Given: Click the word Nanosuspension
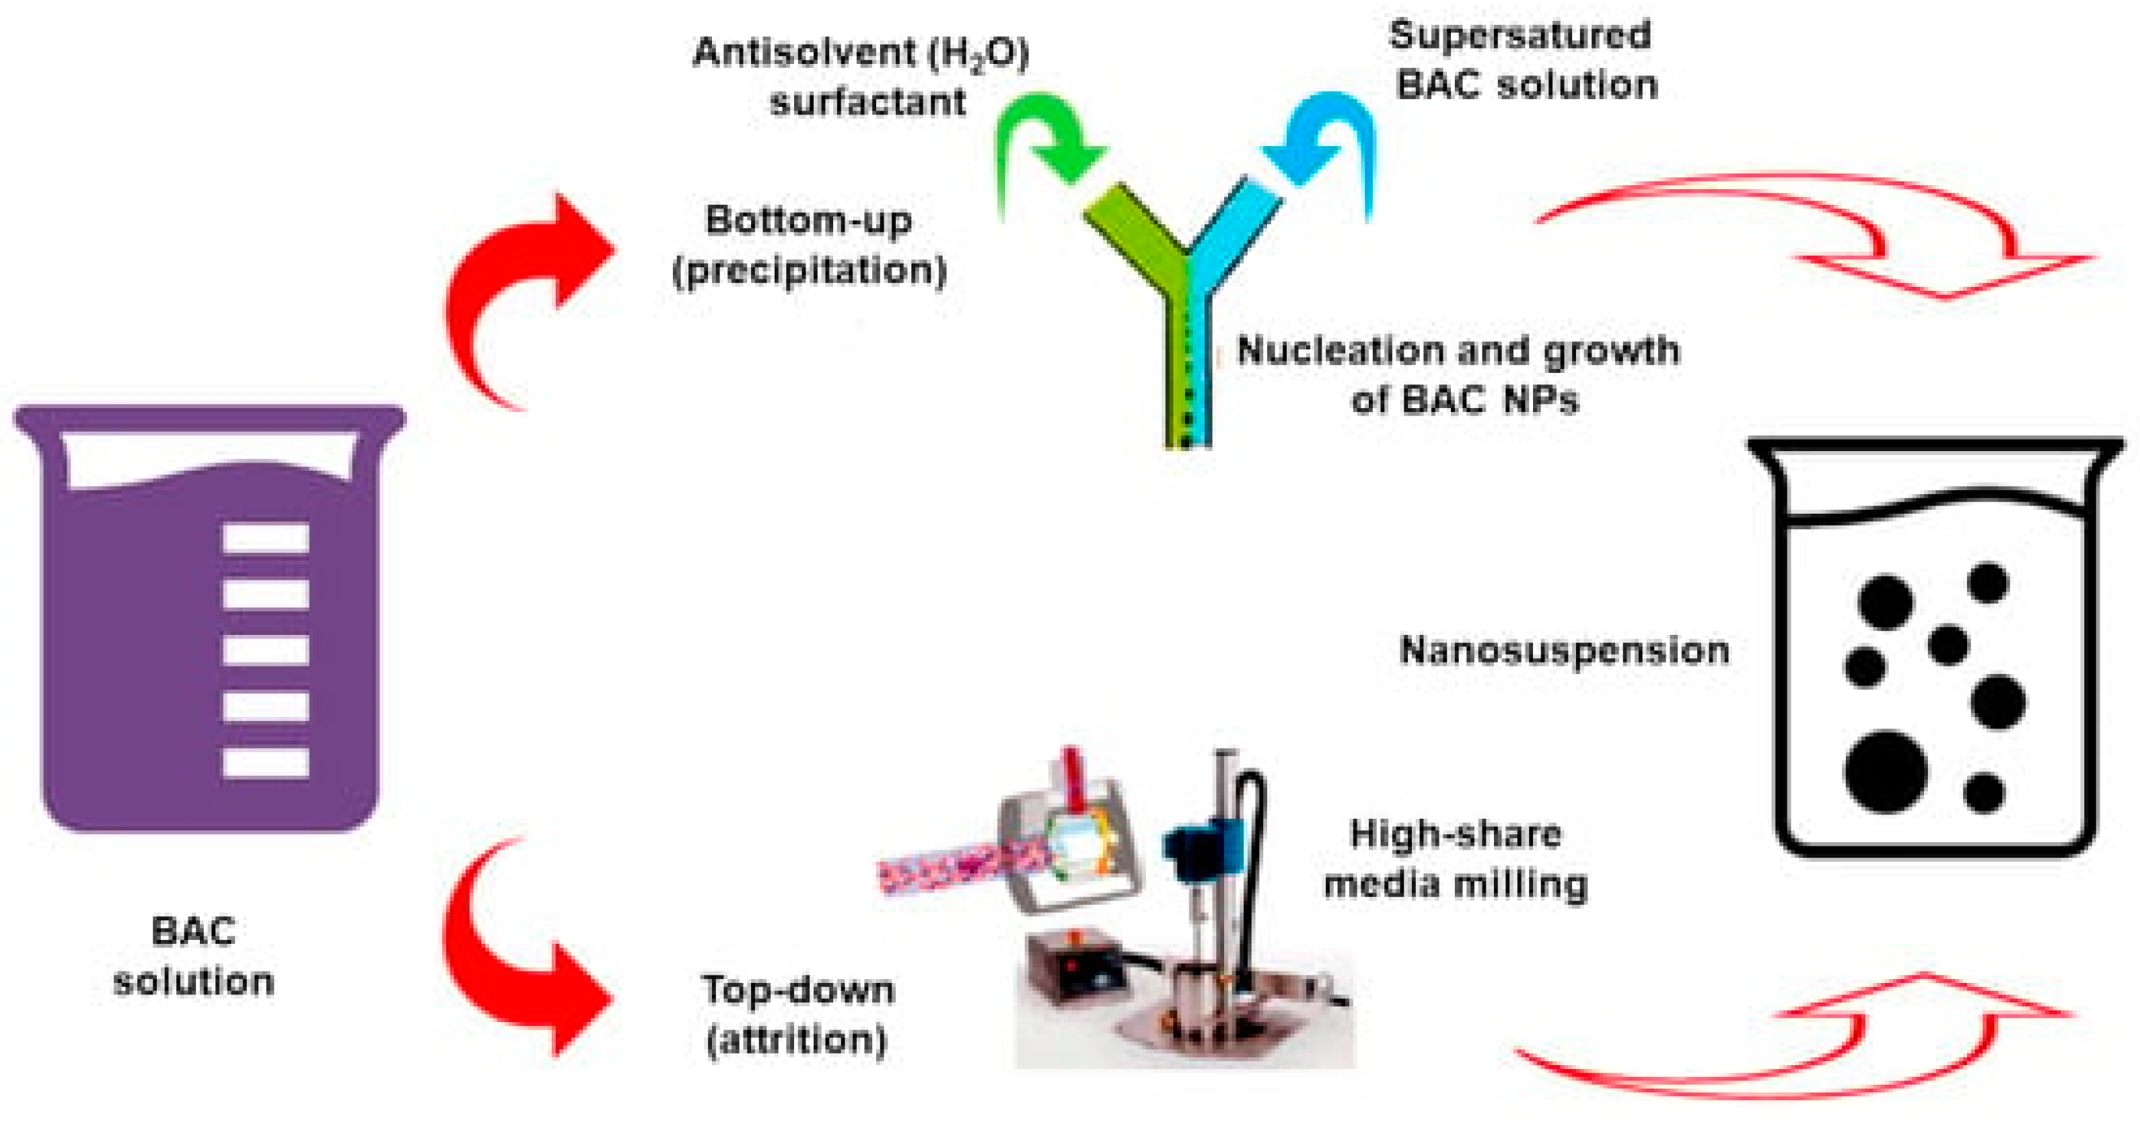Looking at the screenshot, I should point(1563,650).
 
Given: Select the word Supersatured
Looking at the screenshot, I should point(1520,36).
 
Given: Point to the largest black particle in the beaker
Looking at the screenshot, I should point(1886,771).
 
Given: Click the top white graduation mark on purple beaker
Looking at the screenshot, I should point(266,538).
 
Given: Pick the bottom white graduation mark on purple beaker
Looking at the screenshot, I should point(266,763).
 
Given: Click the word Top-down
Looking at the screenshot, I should point(797,990).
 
